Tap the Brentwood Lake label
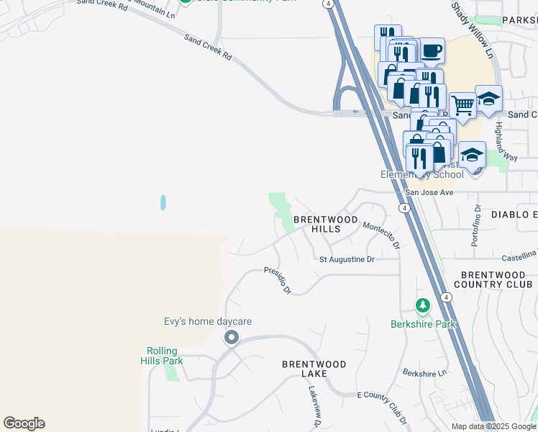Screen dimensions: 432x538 (314, 369)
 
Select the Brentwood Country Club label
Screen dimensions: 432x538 (493, 279)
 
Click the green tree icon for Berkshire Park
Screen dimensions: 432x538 (423, 305)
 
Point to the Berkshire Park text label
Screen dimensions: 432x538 (423, 324)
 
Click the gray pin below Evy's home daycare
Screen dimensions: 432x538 (231, 337)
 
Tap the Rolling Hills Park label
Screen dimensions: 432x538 (160, 356)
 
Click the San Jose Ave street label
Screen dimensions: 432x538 (429, 192)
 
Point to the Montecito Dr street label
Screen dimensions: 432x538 (381, 235)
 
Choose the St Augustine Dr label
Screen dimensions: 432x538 (347, 259)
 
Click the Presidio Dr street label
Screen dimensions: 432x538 (277, 281)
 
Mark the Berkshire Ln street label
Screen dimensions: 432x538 (424, 372)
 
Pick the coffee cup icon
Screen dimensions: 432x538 (432, 50)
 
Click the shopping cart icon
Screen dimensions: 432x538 (462, 104)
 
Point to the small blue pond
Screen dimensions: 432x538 (163, 202)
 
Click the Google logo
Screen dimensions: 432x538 (24, 423)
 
